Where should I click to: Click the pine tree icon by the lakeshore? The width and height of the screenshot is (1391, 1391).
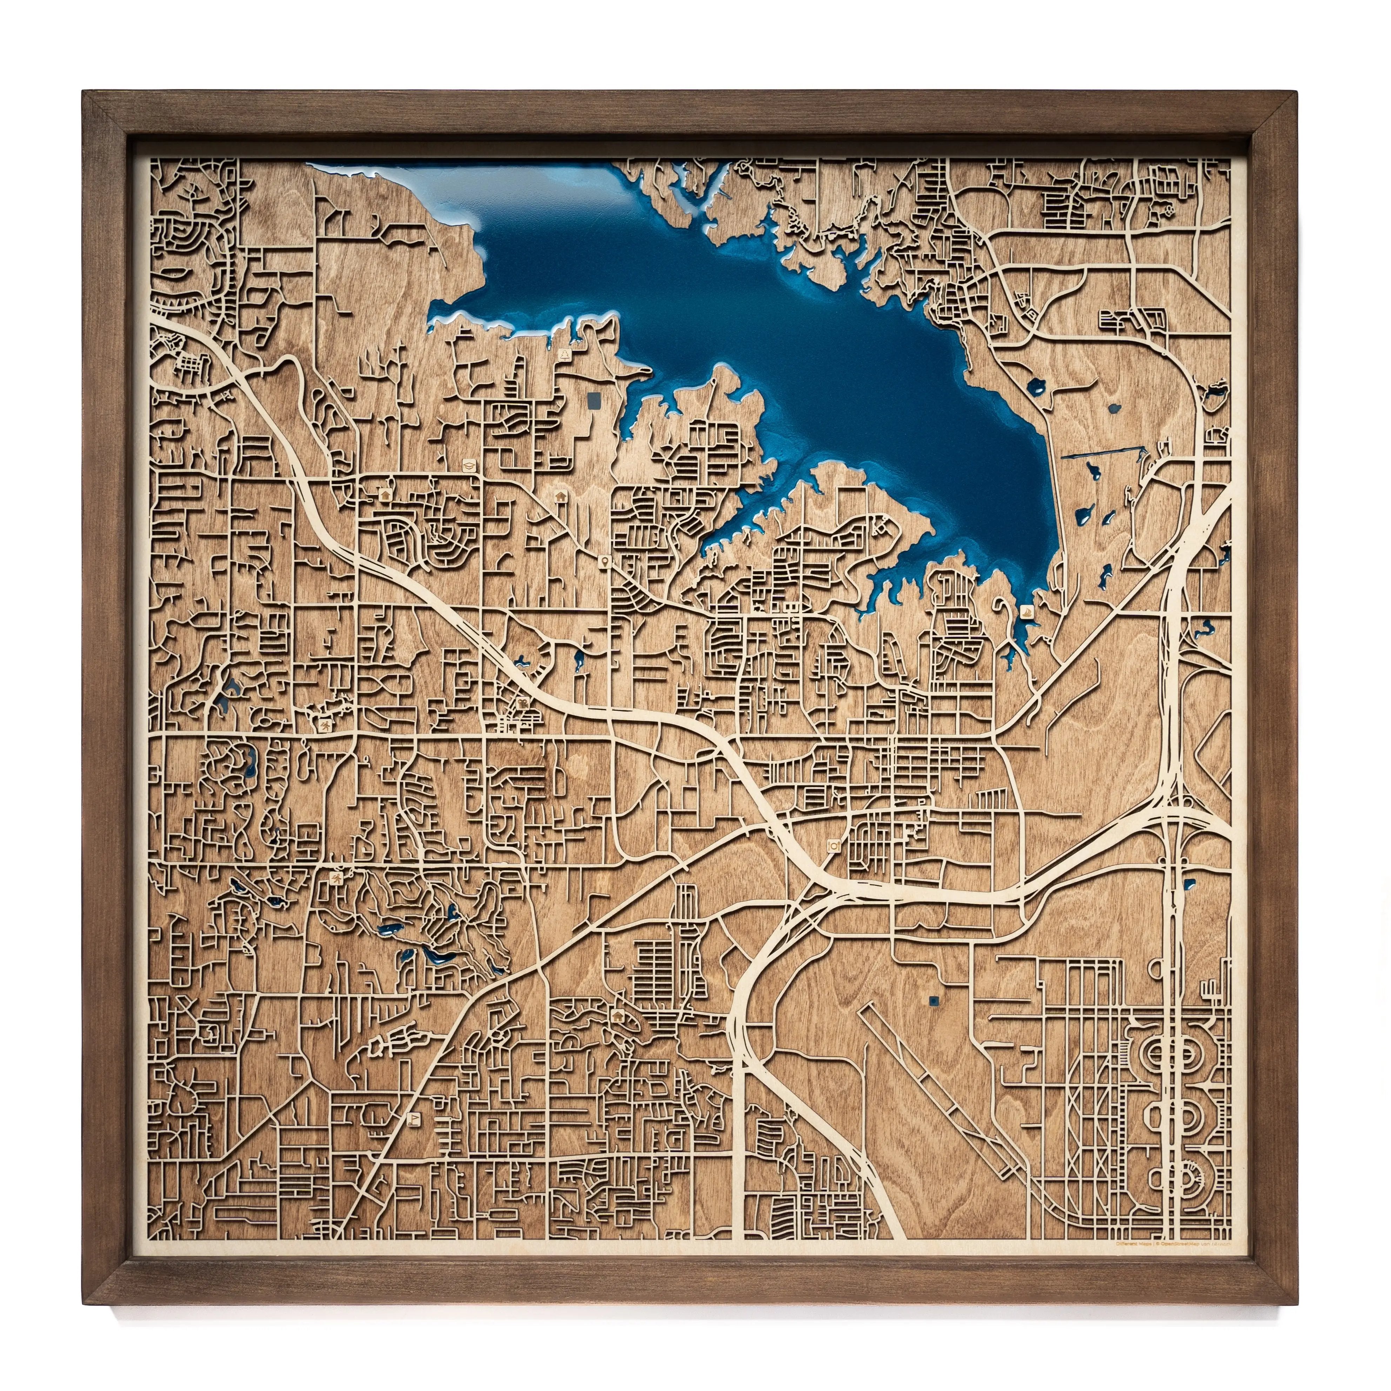(566, 354)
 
